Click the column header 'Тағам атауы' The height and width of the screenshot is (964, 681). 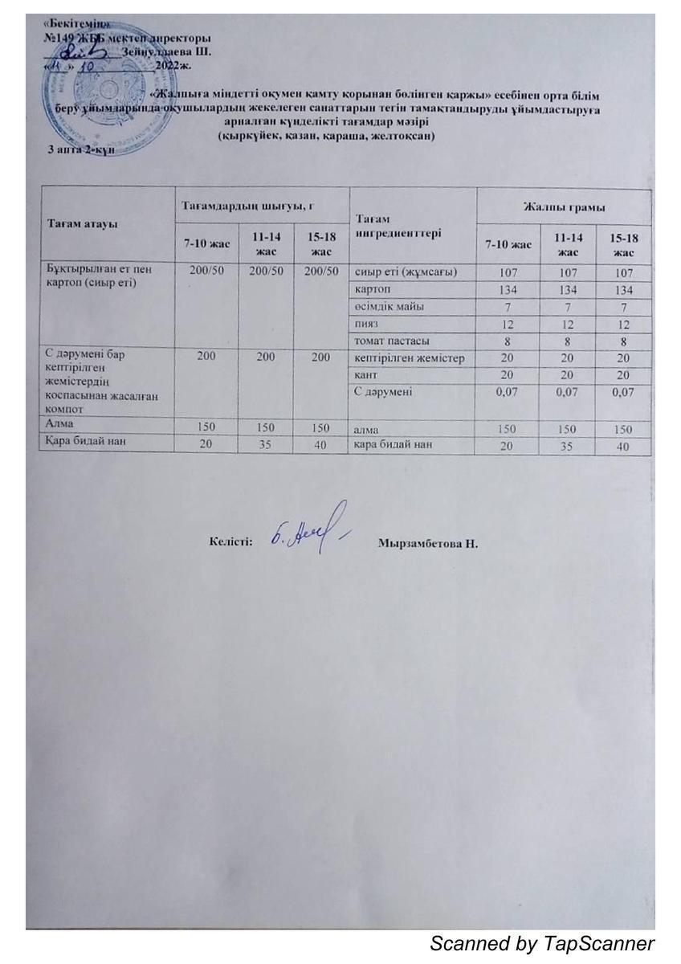click(x=79, y=224)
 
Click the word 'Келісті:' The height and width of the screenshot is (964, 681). click(x=231, y=542)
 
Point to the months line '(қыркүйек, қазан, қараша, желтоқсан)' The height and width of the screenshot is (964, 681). click(x=326, y=137)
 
